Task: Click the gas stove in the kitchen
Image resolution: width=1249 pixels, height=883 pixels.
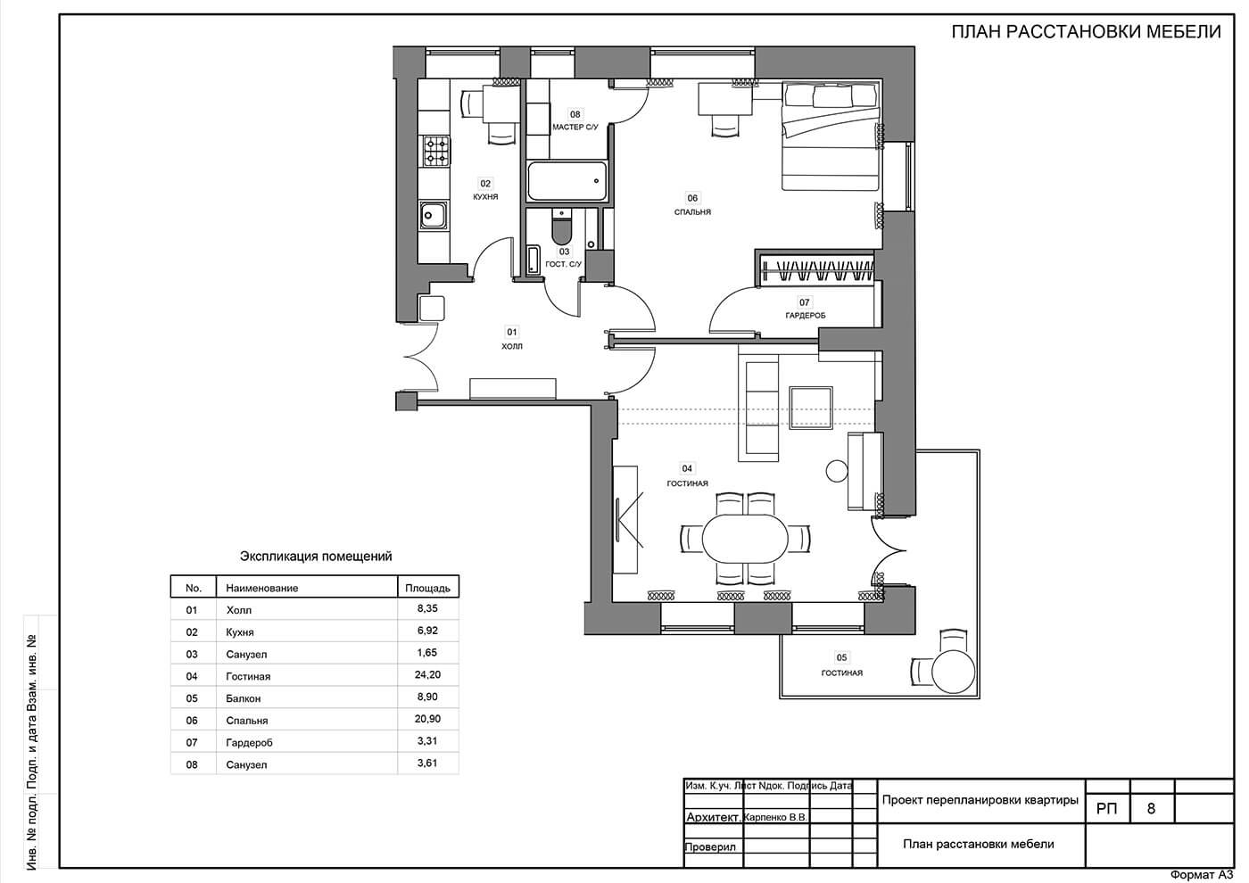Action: (436, 151)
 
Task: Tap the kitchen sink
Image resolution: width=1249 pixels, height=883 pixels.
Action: (434, 215)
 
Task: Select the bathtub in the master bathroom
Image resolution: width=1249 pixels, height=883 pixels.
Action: (567, 180)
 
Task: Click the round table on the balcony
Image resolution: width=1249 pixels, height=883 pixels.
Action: (954, 671)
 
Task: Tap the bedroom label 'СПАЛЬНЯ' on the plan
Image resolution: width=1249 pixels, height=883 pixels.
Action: (692, 212)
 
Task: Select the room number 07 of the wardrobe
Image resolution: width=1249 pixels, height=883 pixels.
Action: (804, 302)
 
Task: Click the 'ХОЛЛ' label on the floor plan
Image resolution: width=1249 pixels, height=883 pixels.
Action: (512, 346)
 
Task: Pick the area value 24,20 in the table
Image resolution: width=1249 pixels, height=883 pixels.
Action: (427, 675)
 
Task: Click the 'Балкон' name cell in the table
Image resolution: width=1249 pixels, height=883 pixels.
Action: (243, 698)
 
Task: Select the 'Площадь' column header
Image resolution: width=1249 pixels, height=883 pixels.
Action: (427, 588)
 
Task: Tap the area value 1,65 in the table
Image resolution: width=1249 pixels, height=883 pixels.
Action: (427, 653)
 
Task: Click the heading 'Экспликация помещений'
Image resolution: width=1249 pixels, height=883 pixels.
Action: (316, 557)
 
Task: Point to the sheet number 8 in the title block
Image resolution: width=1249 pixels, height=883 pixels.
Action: (1152, 808)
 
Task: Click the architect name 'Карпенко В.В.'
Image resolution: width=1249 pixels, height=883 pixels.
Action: (775, 818)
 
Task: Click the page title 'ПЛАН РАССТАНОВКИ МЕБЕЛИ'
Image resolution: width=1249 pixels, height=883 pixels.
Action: (1087, 32)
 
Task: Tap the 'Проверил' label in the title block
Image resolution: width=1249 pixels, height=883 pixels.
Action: (710, 847)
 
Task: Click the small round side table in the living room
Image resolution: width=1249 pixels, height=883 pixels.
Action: (837, 471)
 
